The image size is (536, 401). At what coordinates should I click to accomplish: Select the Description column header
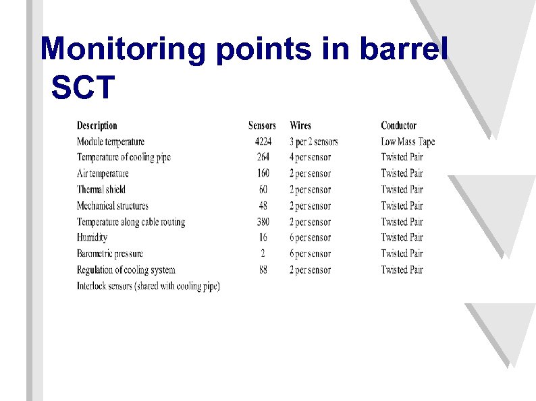tap(97, 125)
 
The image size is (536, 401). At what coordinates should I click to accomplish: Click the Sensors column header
tap(262, 125)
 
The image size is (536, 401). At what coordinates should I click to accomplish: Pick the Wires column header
tap(300, 125)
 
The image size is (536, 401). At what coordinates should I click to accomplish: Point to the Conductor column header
tap(398, 125)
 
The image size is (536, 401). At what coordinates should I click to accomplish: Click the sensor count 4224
tap(263, 142)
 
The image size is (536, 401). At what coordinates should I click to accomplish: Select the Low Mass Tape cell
tap(408, 142)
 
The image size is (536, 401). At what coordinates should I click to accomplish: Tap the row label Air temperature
tap(103, 173)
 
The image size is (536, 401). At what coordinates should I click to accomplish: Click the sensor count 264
tap(263, 157)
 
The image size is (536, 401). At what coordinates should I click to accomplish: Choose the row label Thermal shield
tap(101, 189)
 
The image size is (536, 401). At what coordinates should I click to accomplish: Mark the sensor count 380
tap(263, 222)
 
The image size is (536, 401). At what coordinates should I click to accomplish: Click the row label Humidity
tap(92, 237)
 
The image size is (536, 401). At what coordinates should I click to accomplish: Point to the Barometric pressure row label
tap(110, 253)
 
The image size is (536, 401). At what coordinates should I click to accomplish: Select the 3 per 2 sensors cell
tap(314, 142)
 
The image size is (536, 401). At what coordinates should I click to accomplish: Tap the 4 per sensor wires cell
tap(311, 157)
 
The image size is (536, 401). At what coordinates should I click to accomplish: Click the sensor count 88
tap(263, 270)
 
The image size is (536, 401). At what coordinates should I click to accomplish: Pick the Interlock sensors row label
tap(149, 286)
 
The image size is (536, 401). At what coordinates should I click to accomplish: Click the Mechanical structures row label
tap(112, 206)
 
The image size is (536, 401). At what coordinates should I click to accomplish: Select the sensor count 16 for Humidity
tap(263, 237)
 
